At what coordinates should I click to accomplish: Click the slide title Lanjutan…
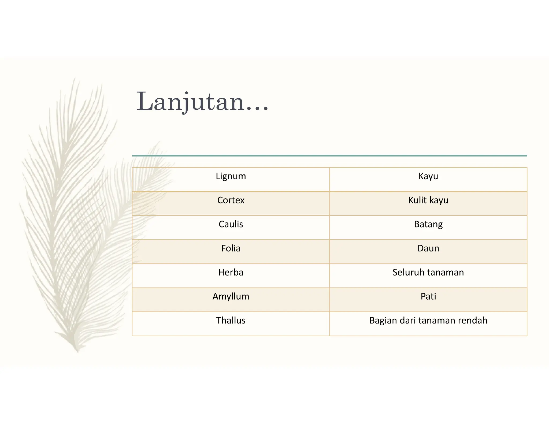pos(202,102)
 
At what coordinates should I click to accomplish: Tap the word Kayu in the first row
pos(428,176)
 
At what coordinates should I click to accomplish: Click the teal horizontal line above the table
pos(329,155)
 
